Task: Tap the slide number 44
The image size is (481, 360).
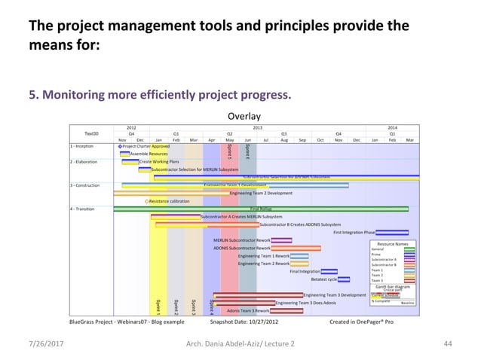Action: point(448,343)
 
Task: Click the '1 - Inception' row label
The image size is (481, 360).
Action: point(82,146)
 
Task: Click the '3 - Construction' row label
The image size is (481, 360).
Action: point(85,185)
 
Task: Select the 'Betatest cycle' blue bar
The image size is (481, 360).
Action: point(344,279)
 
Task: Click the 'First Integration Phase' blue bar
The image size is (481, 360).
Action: point(391,233)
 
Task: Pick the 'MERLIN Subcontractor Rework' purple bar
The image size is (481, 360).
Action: point(281,240)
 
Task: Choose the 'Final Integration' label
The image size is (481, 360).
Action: point(305,271)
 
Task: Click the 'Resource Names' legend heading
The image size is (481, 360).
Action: point(392,244)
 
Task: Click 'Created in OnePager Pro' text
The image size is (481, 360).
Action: point(361,321)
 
